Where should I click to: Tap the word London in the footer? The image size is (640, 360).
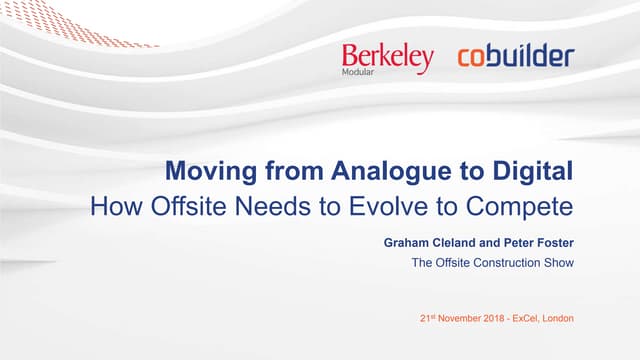(558, 320)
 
